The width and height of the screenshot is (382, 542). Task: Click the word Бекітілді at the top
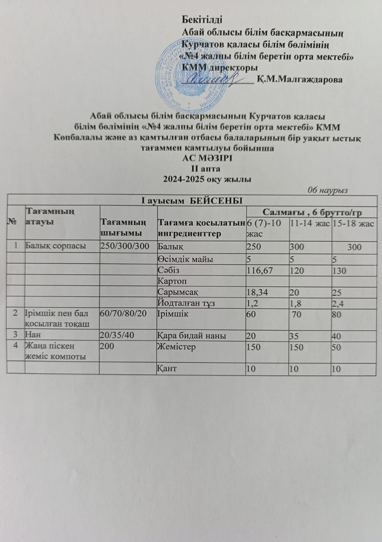(202, 19)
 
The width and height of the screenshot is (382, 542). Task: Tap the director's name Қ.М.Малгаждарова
(299, 80)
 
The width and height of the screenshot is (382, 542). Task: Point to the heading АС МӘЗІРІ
(207, 158)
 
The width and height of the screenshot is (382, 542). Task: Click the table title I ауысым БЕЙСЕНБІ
(192, 200)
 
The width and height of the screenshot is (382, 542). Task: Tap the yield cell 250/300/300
(125, 246)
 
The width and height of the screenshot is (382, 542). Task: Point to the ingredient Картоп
(172, 281)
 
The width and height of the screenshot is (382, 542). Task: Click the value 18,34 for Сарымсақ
(257, 292)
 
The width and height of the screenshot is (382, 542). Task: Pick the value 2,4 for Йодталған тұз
(338, 303)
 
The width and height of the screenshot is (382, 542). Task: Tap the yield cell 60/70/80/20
(123, 313)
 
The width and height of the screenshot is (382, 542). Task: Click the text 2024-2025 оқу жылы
(207, 180)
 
